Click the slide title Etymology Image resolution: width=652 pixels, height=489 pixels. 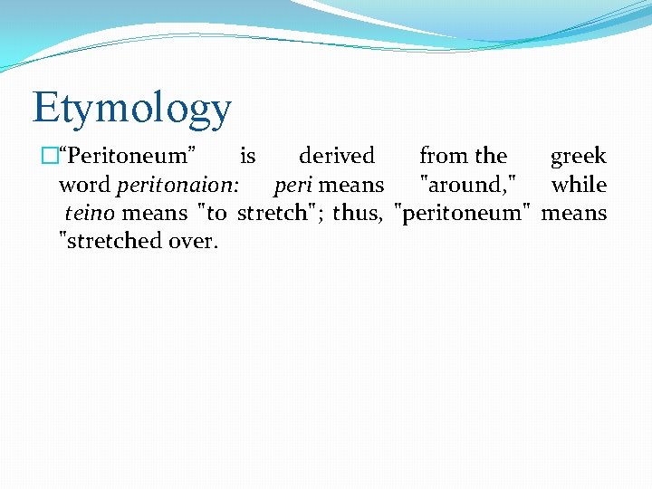coord(132,108)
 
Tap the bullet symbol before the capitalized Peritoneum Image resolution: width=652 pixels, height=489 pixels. coord(49,157)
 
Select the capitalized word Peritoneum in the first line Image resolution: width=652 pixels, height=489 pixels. coord(128,157)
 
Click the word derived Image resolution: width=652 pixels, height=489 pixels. coord(337,157)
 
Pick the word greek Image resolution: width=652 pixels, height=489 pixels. coord(579,157)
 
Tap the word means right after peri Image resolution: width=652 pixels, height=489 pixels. coord(352,186)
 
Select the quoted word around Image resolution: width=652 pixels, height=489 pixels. coord(468,186)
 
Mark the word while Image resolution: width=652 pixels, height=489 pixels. coord(579,186)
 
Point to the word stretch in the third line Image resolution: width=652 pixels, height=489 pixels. coord(273,214)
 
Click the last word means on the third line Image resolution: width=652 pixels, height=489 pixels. coord(574,214)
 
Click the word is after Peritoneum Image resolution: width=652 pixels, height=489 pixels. coord(247,157)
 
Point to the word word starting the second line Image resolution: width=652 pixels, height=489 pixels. coord(85,186)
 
